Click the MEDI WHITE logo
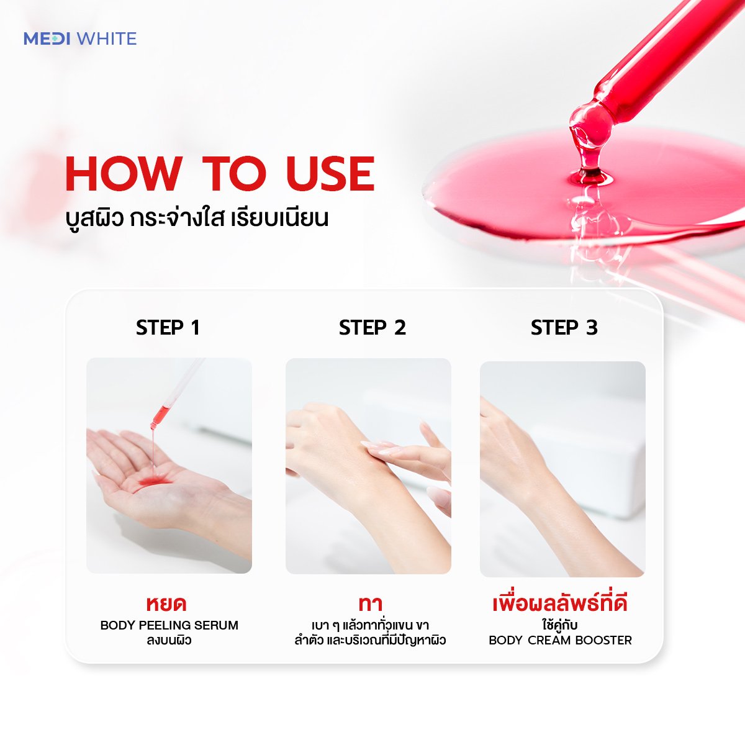pos(80,38)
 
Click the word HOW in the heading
pos(124,174)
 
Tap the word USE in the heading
pos(330,174)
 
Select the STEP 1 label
pos(168,327)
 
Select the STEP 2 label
pos(372,327)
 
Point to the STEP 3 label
pos(564,327)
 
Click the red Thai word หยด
pos(166,604)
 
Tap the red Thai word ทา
pos(371,604)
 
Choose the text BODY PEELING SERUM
pos(169,626)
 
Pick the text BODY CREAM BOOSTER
pos(560,641)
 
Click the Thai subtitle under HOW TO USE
pos(197,217)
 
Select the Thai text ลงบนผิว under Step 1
pos(169,641)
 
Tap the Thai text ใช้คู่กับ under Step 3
pos(559,625)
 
